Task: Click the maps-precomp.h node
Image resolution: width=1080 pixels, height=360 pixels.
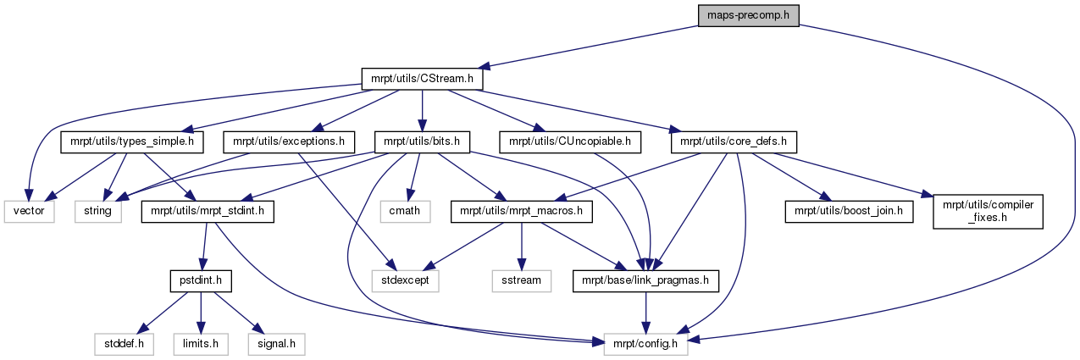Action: point(748,15)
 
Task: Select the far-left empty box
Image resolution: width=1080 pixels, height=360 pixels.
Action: point(29,212)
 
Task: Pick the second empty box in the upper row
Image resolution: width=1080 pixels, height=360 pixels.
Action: point(98,212)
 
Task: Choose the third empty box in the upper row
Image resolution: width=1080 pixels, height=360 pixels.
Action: point(405,212)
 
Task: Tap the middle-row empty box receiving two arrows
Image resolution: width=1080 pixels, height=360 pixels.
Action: point(406,281)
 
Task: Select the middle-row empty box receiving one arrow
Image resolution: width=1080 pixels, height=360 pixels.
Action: point(522,281)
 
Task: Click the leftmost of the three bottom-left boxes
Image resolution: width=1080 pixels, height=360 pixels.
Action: point(124,344)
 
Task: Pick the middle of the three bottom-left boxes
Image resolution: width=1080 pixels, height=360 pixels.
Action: point(201,344)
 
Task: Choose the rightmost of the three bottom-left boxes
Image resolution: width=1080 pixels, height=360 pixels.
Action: point(276,344)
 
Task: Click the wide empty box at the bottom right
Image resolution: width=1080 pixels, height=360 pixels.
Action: point(645,344)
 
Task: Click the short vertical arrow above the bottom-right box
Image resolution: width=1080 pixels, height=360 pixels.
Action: point(645,313)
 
